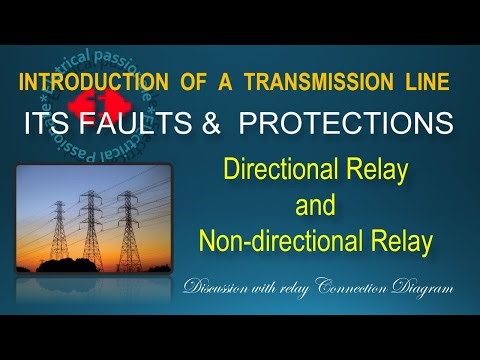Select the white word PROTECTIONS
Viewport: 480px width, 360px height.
point(333,124)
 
